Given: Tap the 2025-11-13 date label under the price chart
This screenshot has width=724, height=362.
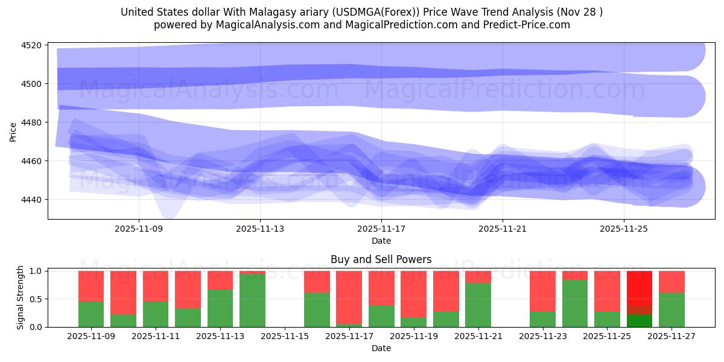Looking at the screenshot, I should (260, 229).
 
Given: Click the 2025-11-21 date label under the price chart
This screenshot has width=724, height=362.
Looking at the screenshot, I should (503, 229).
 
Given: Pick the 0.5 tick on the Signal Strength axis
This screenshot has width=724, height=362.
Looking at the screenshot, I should (35, 299).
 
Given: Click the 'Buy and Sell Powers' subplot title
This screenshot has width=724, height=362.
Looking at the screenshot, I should (381, 259).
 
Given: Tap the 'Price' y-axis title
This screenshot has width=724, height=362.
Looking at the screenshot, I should (13, 131).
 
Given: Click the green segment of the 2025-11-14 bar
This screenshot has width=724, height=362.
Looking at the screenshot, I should (252, 300).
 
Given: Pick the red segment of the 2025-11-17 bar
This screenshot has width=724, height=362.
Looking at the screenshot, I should (349, 297).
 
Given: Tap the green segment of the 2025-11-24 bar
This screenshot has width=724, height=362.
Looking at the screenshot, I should (575, 303).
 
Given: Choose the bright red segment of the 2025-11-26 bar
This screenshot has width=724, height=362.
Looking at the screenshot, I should (640, 287).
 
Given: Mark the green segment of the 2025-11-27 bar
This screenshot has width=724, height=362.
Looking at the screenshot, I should (672, 310).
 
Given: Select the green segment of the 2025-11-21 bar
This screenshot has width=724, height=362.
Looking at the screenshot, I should (478, 305).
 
